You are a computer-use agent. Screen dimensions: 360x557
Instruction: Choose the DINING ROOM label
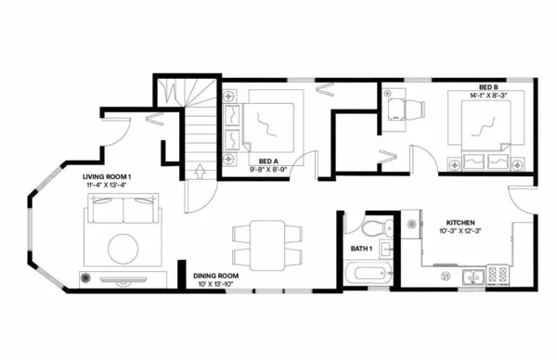[216, 276]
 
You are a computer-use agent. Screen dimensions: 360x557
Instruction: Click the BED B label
[488, 85]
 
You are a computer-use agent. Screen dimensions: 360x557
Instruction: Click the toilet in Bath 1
[374, 228]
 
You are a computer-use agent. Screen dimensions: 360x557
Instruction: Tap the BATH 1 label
[361, 249]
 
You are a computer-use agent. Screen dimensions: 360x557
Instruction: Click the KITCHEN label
[460, 224]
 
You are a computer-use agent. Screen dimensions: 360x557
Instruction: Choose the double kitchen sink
[473, 276]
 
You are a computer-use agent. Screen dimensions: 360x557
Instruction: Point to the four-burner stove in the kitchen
[497, 275]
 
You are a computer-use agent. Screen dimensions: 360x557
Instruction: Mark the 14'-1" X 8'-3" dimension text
[488, 94]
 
